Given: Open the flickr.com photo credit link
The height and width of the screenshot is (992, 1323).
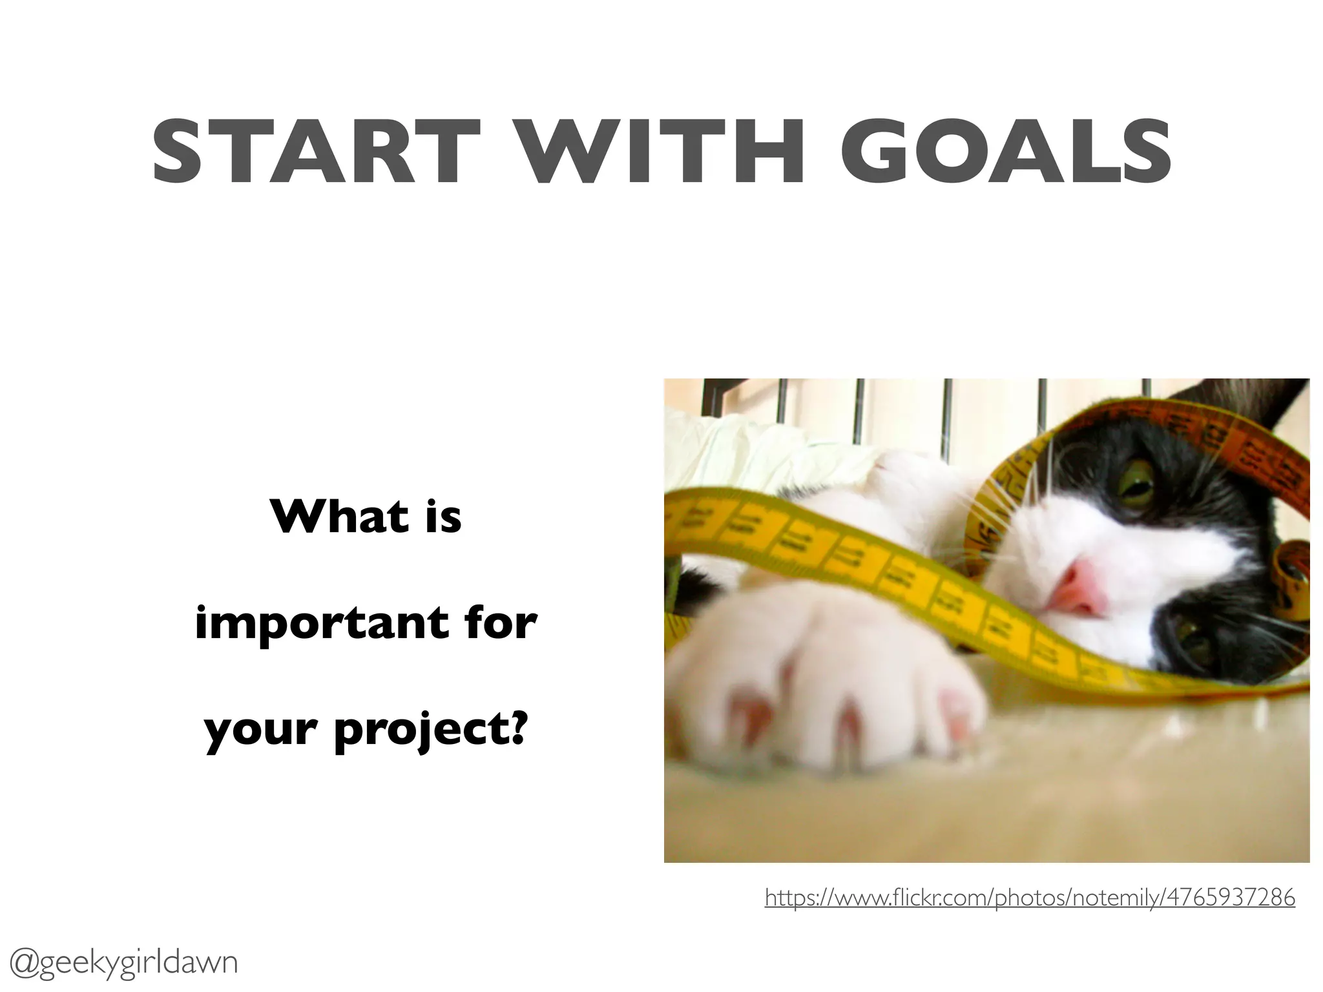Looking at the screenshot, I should click(1030, 898).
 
